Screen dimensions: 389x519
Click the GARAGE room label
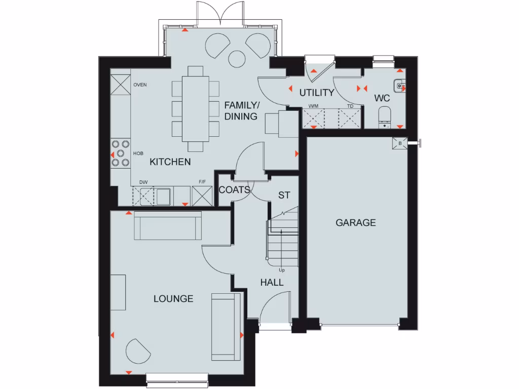[355, 222]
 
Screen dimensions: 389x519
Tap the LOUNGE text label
[173, 298]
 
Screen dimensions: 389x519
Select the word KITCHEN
[170, 162]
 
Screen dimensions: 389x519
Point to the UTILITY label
[316, 93]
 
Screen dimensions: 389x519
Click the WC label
[382, 98]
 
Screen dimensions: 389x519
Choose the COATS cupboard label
[234, 190]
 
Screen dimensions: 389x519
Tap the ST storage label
[284, 195]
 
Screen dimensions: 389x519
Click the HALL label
[272, 283]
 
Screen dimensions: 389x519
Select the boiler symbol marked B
[400, 143]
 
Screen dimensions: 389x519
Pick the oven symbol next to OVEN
[120, 84]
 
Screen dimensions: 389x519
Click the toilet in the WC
[385, 116]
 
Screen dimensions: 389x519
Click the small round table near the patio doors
[237, 56]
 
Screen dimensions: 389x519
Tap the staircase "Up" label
[281, 270]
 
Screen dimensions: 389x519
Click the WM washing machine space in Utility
[313, 119]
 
